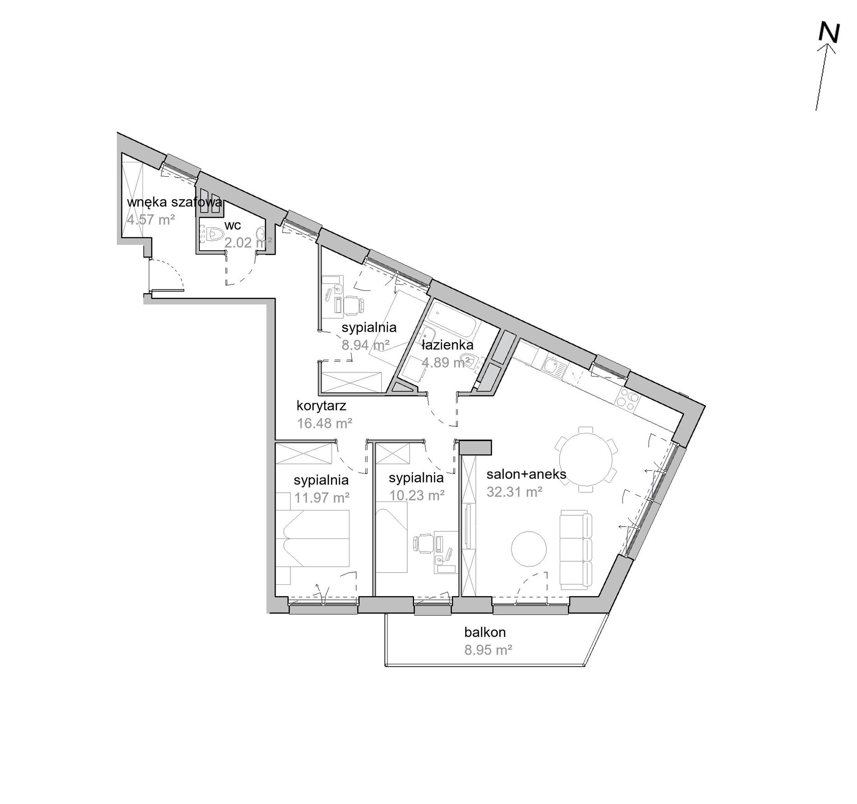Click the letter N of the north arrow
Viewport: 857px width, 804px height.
tap(829, 33)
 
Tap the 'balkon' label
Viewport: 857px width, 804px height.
tap(485, 632)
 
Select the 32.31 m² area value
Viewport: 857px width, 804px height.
tap(514, 492)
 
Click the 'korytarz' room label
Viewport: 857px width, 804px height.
tap(321, 406)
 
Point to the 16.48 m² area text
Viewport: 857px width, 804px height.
tap(324, 423)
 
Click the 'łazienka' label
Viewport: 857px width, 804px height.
tap(447, 345)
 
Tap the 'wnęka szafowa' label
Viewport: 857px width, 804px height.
tap(175, 202)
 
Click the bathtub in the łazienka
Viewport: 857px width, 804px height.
tap(453, 322)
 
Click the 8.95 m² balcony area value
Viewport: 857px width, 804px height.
tap(488, 650)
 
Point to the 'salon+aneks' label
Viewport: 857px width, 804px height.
tap(526, 474)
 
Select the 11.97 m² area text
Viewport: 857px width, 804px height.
tap(322, 497)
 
